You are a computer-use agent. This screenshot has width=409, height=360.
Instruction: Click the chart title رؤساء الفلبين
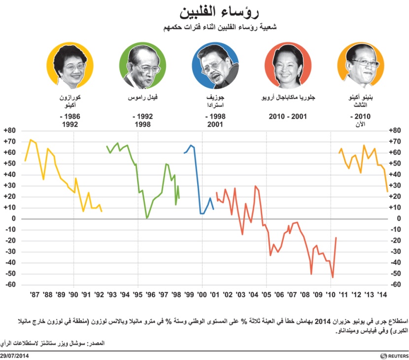(204, 11)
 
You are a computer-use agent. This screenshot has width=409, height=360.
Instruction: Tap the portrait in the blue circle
(215, 66)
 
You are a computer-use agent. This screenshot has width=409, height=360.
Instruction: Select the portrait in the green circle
(142, 66)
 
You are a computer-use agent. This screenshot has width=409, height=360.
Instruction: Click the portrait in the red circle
(288, 66)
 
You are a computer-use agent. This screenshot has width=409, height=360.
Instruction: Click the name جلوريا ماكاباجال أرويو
(288, 98)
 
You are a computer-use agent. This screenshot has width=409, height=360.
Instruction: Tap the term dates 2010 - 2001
(288, 117)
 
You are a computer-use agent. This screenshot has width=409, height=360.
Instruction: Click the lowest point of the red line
(333, 278)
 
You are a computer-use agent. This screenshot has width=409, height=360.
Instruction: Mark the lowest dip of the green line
(147, 217)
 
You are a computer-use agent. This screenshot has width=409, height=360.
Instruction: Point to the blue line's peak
(191, 145)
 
